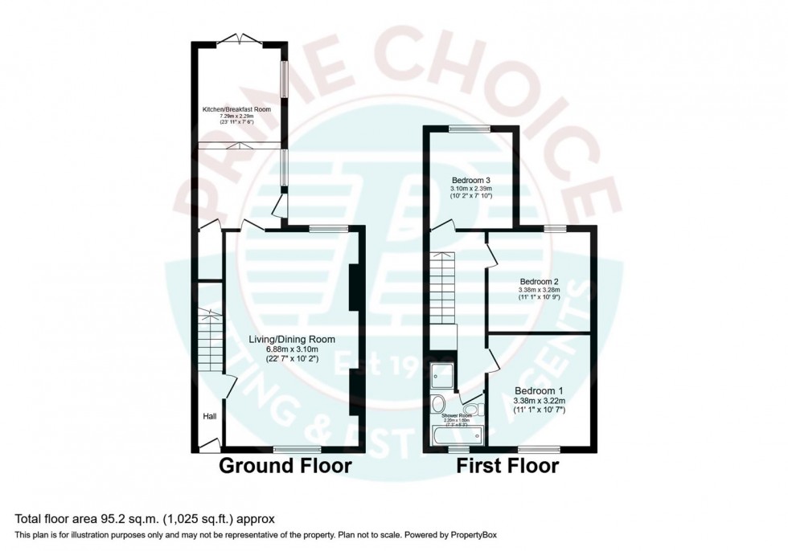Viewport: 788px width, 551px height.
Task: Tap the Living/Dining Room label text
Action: (x=290, y=339)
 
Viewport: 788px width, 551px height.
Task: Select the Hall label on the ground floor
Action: (x=209, y=416)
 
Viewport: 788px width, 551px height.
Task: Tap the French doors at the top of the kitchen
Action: (x=239, y=39)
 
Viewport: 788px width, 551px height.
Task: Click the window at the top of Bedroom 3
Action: (x=469, y=128)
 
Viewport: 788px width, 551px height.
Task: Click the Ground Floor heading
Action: (x=285, y=466)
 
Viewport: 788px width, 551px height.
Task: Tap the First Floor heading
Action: (x=507, y=466)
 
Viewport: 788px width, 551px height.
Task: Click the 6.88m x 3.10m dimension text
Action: (x=290, y=350)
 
